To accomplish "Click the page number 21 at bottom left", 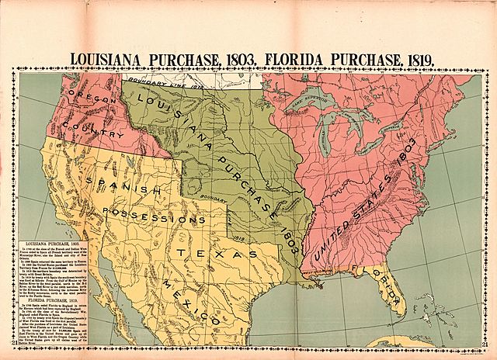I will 15,344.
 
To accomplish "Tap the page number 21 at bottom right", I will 481,344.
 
